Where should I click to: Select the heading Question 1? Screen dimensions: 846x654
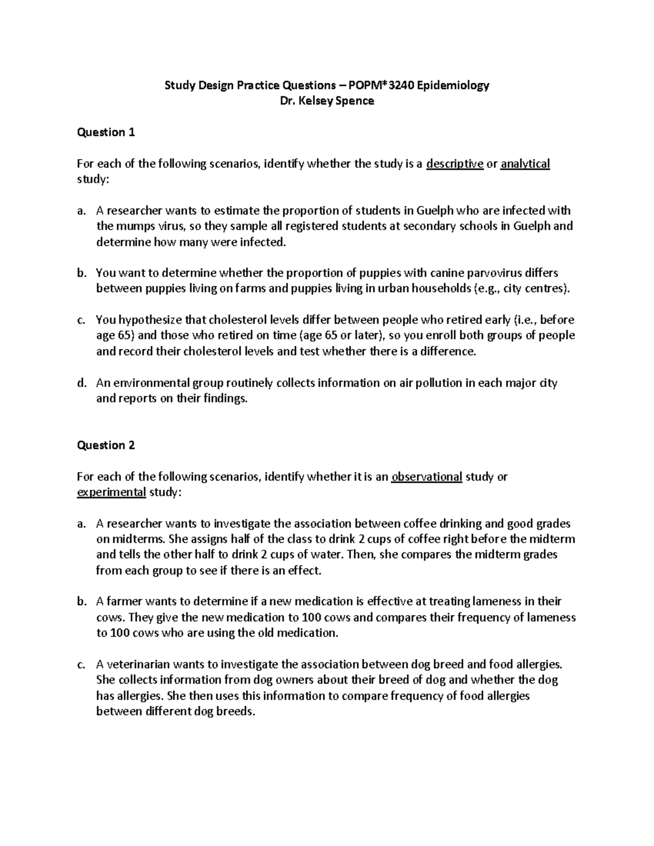(x=106, y=132)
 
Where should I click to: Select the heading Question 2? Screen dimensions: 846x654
(x=106, y=446)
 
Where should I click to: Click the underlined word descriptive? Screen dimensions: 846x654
(x=455, y=164)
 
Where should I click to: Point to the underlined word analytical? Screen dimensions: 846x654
(x=525, y=164)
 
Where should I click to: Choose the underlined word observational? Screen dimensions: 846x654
(x=427, y=477)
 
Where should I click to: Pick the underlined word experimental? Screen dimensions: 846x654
(x=111, y=493)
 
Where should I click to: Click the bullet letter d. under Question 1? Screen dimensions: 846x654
(x=82, y=383)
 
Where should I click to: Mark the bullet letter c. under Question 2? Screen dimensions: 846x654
(x=82, y=665)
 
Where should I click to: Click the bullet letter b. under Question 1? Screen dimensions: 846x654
(x=82, y=273)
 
